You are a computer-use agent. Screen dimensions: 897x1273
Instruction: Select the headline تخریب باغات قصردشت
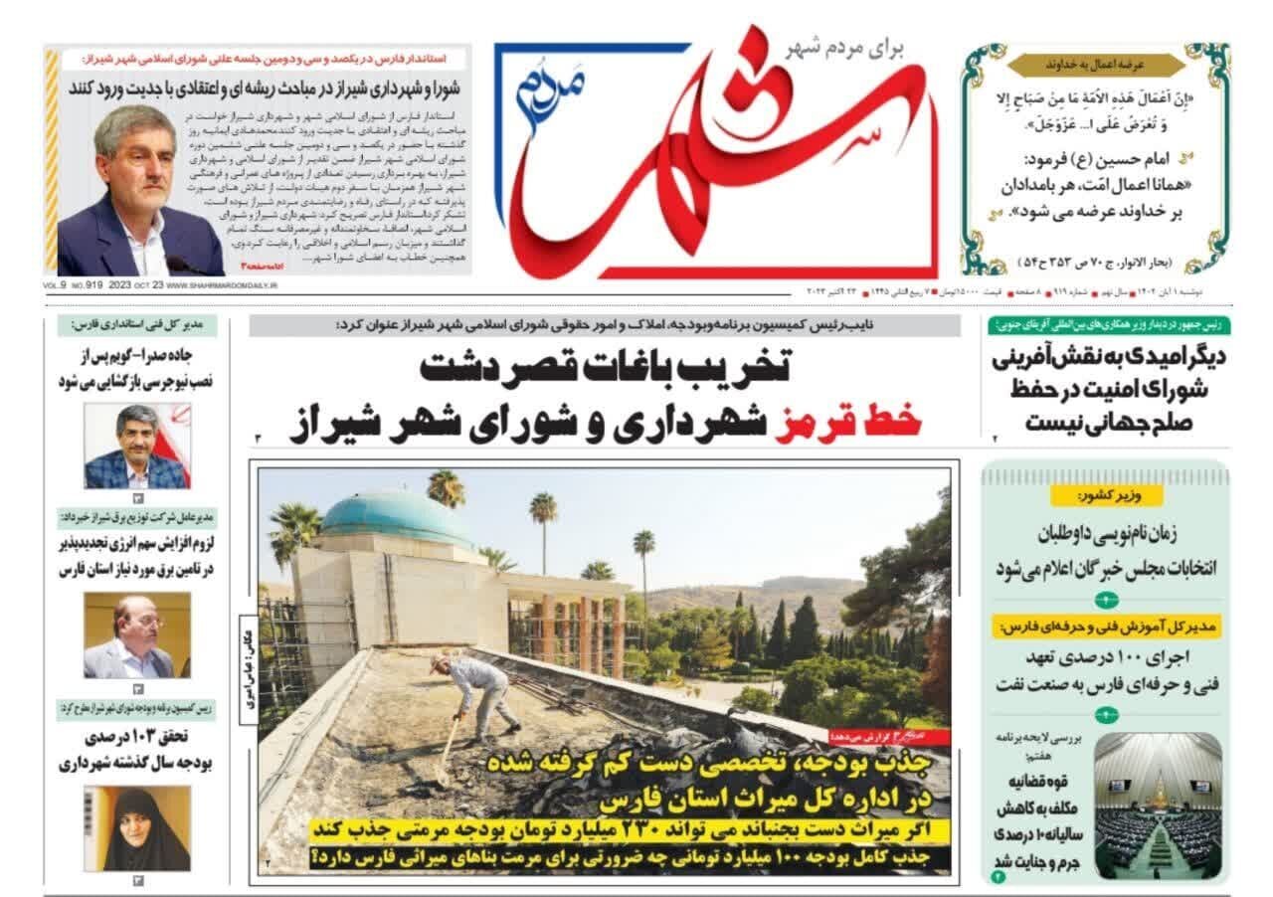pos(604,368)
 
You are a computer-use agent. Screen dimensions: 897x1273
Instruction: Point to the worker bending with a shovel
pos(476,695)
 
